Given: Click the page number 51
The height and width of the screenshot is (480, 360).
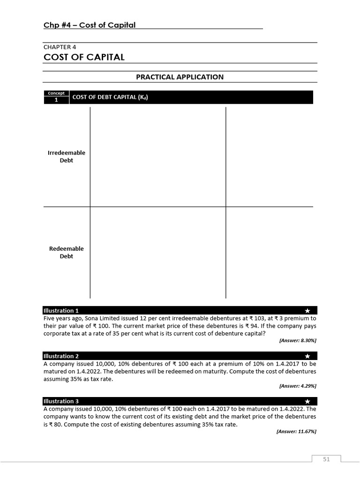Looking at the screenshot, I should tap(326, 459).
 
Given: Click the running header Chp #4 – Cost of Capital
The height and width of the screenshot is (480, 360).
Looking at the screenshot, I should tap(90, 25).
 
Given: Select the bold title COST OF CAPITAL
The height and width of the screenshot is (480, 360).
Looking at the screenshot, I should tap(84, 57).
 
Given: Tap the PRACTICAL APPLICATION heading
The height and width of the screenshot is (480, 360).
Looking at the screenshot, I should tap(180, 77).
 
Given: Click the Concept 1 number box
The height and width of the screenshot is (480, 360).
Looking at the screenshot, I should tap(56, 100).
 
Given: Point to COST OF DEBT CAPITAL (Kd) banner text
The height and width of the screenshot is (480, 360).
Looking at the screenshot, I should tap(110, 97).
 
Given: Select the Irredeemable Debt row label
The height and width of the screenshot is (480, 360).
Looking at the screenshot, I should tap(67, 157).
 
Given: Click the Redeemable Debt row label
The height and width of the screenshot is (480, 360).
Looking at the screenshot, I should tap(67, 252).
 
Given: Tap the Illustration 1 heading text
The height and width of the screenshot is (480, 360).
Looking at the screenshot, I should tap(61, 310).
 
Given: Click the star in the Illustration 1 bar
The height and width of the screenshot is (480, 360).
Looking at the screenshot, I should tap(307, 311).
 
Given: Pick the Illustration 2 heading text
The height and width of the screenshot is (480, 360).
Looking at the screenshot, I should tap(61, 356).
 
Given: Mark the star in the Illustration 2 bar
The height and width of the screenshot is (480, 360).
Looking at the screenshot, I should tap(307, 356).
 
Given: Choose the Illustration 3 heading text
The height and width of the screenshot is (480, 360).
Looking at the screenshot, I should tap(61, 401).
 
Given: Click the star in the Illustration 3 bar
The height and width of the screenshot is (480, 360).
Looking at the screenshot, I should tap(307, 402).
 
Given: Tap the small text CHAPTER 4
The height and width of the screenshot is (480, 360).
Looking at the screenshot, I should tap(60, 47).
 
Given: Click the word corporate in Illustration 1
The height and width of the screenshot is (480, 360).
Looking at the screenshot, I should tap(58, 333).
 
